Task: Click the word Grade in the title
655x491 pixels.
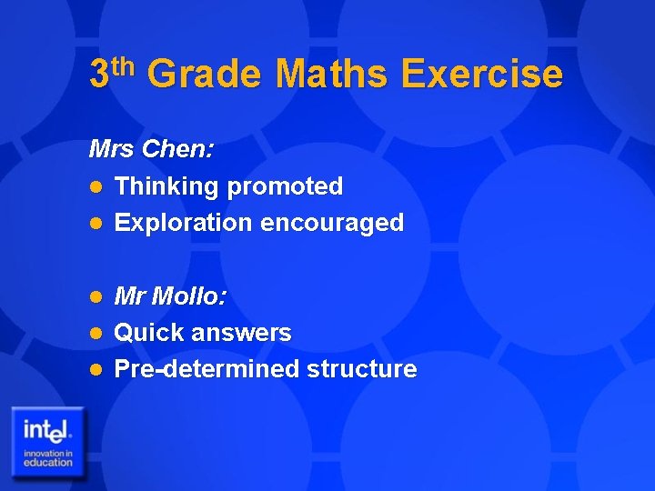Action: click(203, 74)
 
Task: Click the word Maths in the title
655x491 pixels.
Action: click(330, 74)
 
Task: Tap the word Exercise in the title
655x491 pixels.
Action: click(481, 74)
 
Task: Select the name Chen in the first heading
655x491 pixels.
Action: click(178, 149)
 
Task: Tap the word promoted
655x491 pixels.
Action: click(285, 187)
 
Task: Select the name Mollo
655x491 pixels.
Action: click(190, 296)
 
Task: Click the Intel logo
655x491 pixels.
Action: click(48, 440)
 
